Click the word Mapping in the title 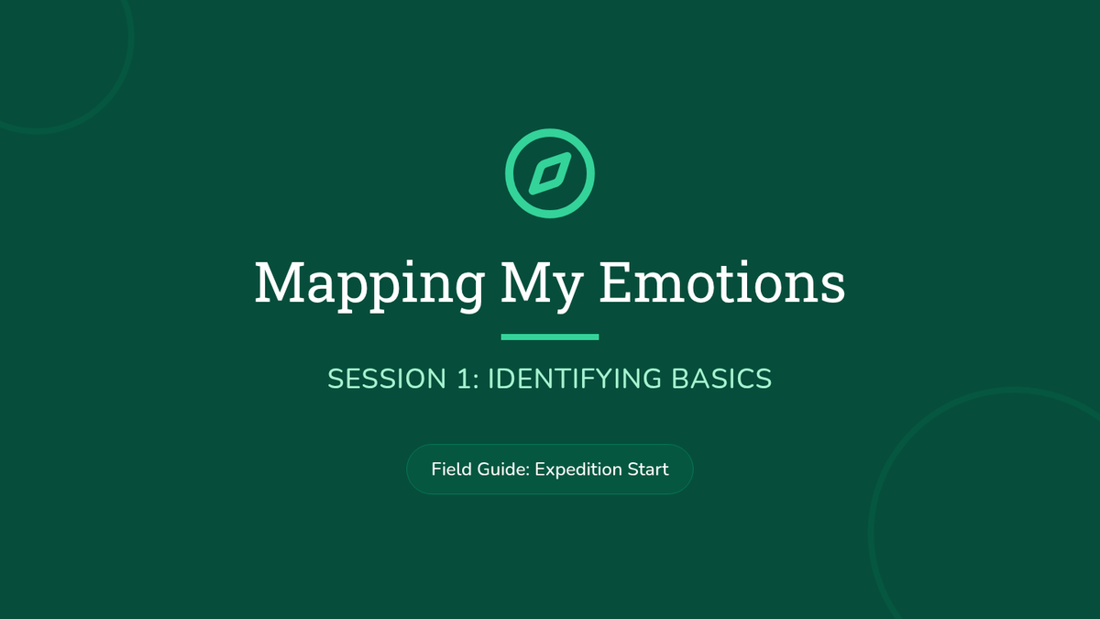pos(369,286)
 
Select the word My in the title pos(542,286)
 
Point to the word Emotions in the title pos(722,282)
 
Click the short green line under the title pos(550,337)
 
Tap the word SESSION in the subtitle pos(387,379)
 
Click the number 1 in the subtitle pos(464,379)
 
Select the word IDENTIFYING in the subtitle pos(575,379)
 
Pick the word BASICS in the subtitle pos(721,379)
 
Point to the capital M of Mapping pos(280,282)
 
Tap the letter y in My pos(567,293)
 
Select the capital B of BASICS pos(679,379)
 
